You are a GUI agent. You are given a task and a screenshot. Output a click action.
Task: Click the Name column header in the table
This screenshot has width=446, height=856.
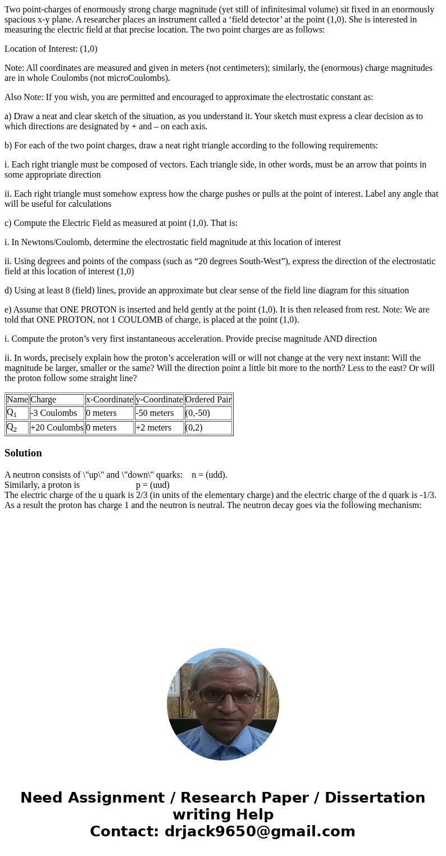pyautogui.click(x=17, y=400)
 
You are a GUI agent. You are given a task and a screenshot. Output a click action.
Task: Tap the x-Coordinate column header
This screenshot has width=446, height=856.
pyautogui.click(x=110, y=400)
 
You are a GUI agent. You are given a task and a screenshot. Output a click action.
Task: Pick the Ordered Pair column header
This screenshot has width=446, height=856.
pyautogui.click(x=208, y=400)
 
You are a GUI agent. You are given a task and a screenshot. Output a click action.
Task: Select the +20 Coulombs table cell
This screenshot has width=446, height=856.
pyautogui.click(x=57, y=428)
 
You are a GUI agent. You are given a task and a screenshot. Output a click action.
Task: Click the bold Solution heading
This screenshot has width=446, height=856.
pyautogui.click(x=23, y=453)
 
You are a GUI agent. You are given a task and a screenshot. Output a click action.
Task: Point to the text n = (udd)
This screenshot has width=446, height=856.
pyautogui.click(x=210, y=475)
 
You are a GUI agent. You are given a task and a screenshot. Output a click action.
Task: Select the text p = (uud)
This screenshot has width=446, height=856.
pyautogui.click(x=153, y=485)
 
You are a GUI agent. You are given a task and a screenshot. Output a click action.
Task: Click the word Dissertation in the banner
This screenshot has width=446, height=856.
pyautogui.click(x=375, y=798)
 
